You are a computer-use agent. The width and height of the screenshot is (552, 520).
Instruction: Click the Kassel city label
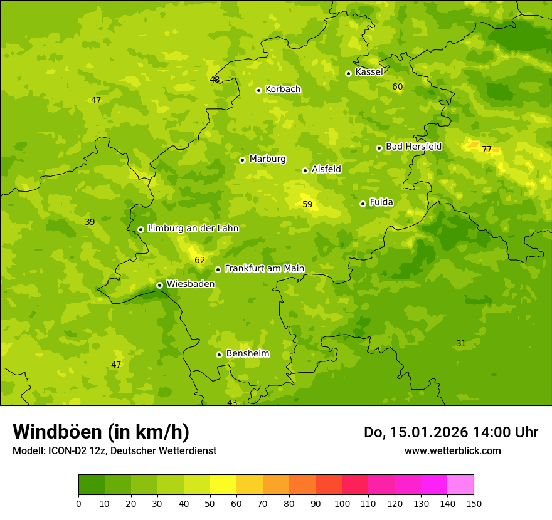pyautogui.click(x=369, y=72)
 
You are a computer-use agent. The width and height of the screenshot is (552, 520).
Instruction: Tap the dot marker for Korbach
pyautogui.click(x=258, y=90)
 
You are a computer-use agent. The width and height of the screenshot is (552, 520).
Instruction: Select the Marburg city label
pyautogui.click(x=267, y=159)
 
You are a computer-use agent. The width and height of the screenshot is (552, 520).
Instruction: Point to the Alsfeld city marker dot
pyautogui.click(x=305, y=170)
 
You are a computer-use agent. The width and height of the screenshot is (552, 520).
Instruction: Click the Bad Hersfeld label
pyautogui.click(x=413, y=147)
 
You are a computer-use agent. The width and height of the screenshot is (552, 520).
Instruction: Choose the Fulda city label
pyautogui.click(x=381, y=202)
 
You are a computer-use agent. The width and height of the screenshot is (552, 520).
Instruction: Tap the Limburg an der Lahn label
pyautogui.click(x=193, y=229)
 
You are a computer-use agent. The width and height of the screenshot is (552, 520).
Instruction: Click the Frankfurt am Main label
pyautogui.click(x=264, y=269)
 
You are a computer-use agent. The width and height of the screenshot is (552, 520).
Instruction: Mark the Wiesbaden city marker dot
pyautogui.click(x=159, y=285)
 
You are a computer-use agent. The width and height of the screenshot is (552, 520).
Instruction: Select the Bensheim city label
pyautogui.click(x=247, y=354)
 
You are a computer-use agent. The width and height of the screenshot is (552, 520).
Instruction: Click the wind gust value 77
pyautogui.click(x=487, y=149)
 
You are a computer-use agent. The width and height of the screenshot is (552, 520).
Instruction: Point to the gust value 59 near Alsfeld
pyautogui.click(x=307, y=205)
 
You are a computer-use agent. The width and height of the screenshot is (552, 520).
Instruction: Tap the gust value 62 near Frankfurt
pyautogui.click(x=199, y=261)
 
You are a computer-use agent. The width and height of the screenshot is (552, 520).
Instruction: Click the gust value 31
pyautogui.click(x=461, y=344)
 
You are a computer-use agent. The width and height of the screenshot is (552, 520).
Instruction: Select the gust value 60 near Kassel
pyautogui.click(x=397, y=86)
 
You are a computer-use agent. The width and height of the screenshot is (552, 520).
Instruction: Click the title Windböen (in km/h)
pyautogui.click(x=101, y=432)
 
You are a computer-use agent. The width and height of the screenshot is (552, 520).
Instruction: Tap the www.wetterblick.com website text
pyautogui.click(x=452, y=451)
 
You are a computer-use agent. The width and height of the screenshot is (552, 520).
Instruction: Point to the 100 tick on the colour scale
pyautogui.click(x=342, y=503)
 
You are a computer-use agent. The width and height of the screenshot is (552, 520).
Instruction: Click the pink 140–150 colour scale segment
pyautogui.click(x=460, y=484)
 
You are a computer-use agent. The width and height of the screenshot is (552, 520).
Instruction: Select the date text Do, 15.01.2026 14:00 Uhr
pyautogui.click(x=450, y=432)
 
